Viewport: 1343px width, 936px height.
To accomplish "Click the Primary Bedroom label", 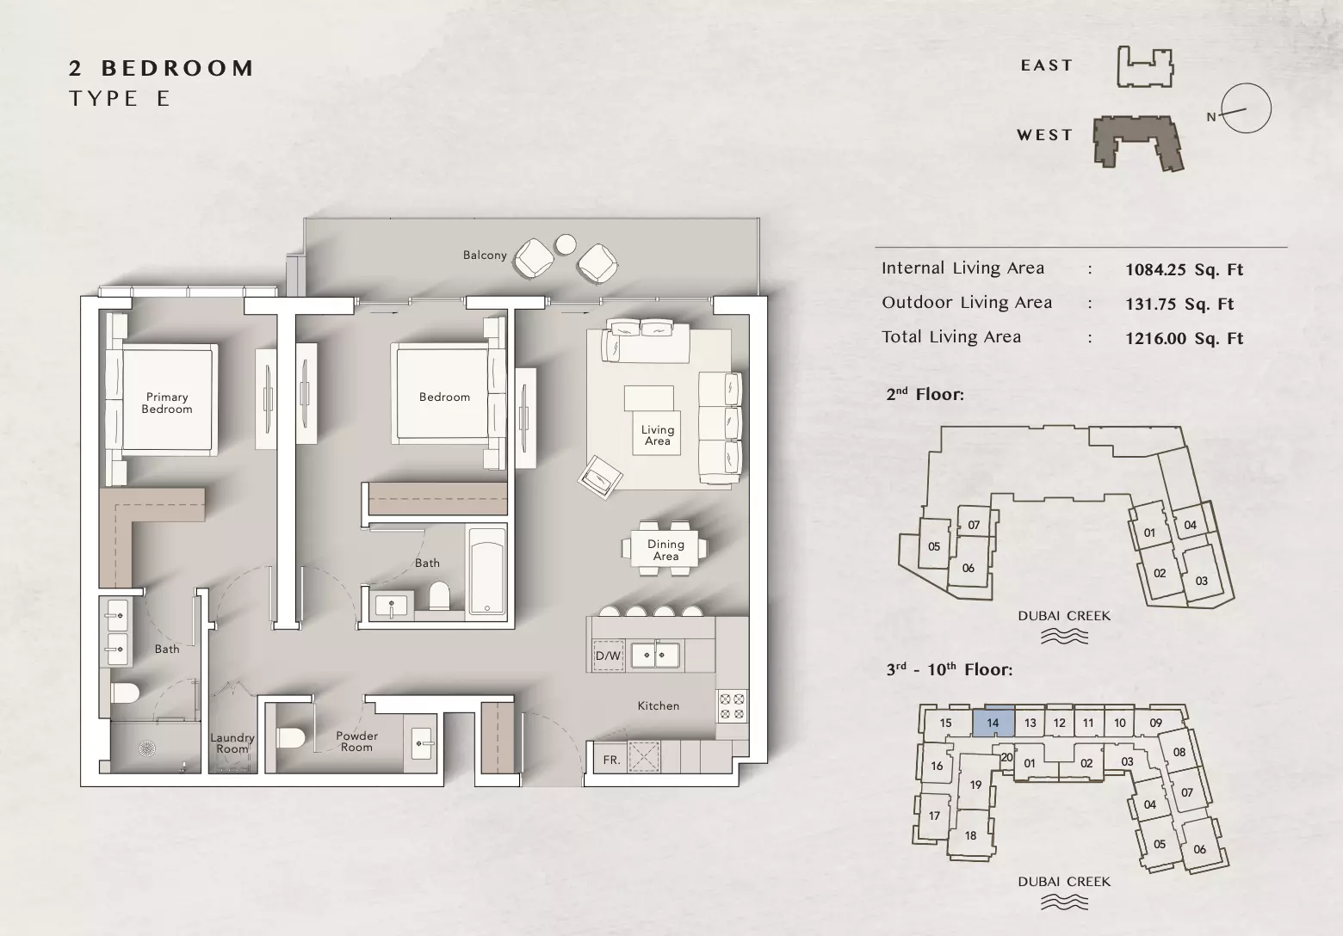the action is tap(167, 403).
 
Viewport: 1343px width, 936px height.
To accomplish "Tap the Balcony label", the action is tap(485, 255).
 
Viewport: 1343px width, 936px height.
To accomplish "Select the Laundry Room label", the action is tap(232, 743).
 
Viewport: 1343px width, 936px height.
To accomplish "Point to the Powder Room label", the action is tap(356, 742).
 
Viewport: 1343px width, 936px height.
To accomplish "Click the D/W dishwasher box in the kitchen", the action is tap(608, 656).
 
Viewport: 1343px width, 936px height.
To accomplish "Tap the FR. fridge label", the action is tap(611, 760).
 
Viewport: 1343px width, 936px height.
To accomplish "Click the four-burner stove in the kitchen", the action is tap(732, 706).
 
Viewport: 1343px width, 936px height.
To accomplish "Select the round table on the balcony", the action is tap(566, 243).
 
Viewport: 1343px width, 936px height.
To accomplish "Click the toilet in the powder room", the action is tap(292, 737).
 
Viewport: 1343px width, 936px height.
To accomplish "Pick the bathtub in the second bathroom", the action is tap(487, 570).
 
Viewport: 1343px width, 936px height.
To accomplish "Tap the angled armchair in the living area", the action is tap(599, 477).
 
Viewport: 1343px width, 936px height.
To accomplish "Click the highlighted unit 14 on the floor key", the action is tap(993, 722).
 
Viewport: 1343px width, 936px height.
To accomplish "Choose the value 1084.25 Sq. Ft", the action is tap(1184, 269).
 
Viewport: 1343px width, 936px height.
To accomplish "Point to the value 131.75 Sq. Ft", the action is tap(1179, 304).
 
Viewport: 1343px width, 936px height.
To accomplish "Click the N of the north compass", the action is tap(1211, 117).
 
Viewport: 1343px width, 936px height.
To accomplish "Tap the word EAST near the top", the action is tap(1047, 65).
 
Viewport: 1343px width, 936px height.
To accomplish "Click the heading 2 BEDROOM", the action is tap(161, 68).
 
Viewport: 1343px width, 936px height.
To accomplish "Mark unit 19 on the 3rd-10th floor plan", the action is tap(975, 785).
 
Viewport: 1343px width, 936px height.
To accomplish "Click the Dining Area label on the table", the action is tap(665, 550).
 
